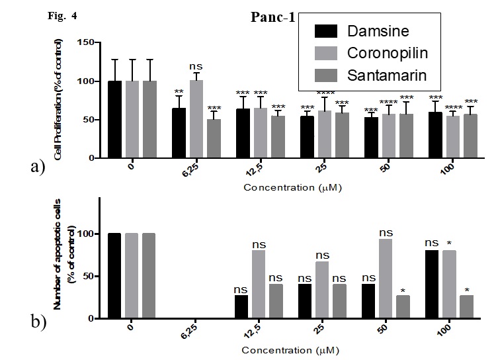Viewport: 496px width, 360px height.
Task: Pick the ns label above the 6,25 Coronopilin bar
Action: tap(196, 66)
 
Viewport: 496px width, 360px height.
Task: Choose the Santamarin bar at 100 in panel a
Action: tap(470, 136)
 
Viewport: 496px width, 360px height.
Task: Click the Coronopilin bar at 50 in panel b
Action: tap(386, 279)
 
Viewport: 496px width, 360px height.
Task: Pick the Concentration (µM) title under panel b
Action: tap(292, 349)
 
